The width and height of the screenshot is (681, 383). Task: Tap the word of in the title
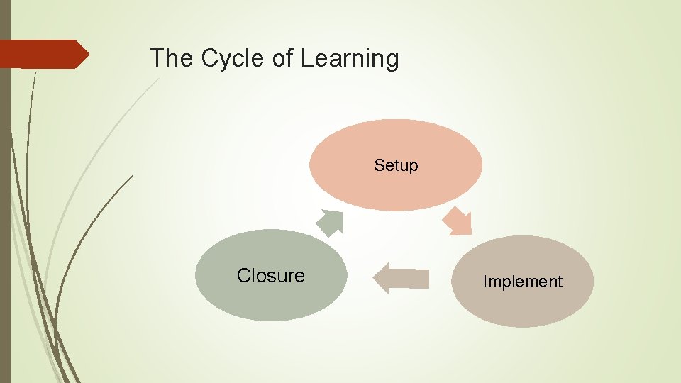(x=283, y=58)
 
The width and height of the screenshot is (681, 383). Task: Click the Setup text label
(x=396, y=165)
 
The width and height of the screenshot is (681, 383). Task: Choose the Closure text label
(x=270, y=275)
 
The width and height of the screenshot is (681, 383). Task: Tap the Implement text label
(x=522, y=282)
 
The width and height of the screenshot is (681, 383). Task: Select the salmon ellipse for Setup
(x=396, y=188)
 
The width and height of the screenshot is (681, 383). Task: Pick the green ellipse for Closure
(x=270, y=298)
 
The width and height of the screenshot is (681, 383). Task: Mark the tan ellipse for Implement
(x=522, y=305)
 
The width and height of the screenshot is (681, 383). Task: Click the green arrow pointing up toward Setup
(x=330, y=222)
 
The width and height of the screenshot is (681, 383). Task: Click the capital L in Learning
(x=306, y=58)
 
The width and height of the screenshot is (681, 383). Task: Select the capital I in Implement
(x=485, y=282)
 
